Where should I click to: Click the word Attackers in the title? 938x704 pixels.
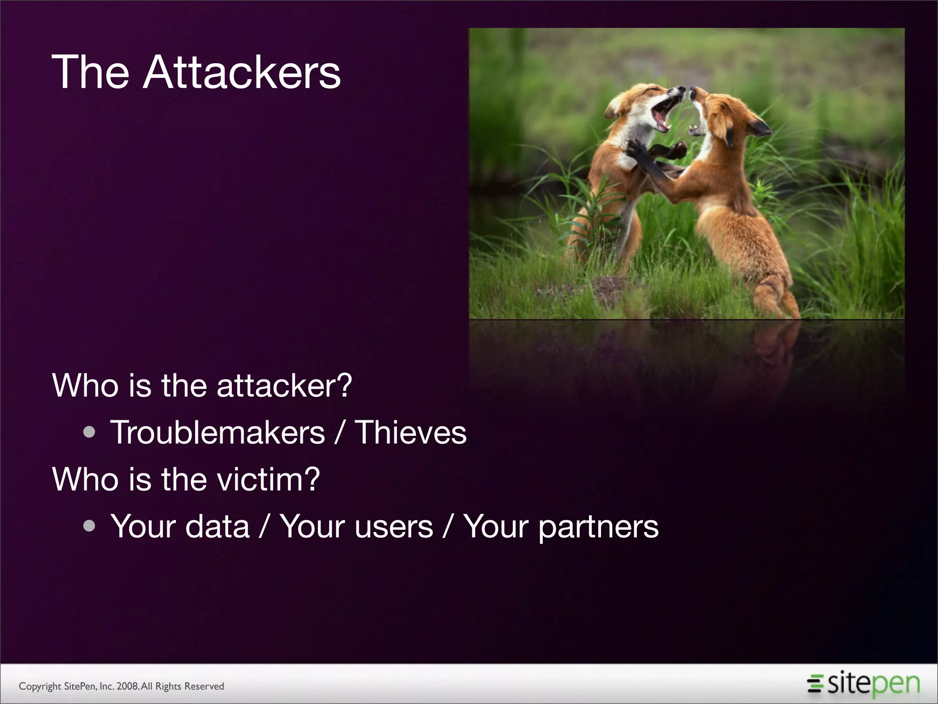[x=242, y=72]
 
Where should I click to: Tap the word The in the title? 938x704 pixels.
[x=91, y=72]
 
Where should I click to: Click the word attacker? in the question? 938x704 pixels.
[x=284, y=386]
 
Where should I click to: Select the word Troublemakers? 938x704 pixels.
[x=218, y=433]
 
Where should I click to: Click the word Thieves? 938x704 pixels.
[x=411, y=433]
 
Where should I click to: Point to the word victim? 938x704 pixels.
[x=268, y=479]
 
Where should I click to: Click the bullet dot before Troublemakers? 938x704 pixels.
[x=90, y=433]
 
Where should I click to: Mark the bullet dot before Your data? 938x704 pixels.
[x=90, y=526]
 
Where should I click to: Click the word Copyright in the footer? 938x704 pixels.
[x=40, y=686]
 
